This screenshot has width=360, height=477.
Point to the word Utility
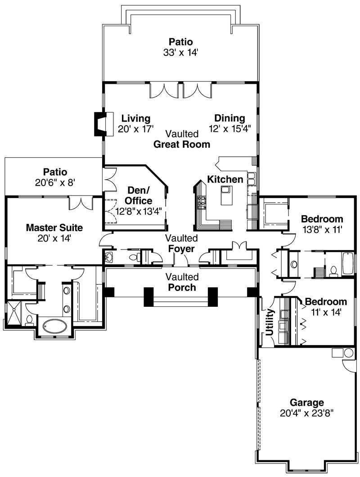coord(270,323)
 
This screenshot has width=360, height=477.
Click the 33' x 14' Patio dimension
coord(181,52)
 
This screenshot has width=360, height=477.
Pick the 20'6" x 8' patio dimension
coord(56,182)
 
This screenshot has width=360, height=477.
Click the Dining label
coord(229,118)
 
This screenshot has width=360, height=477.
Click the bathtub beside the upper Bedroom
coord(349,264)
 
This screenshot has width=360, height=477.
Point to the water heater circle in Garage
coord(349,353)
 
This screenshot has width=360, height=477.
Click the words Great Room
coord(181,144)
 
